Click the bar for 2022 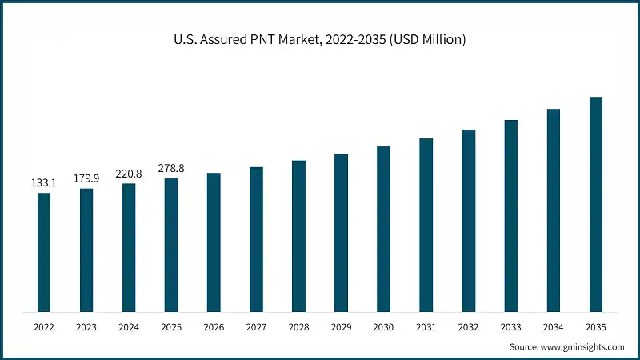[x=44, y=252]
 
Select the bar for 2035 [x=595, y=204]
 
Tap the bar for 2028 [x=298, y=236]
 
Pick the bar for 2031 [x=426, y=225]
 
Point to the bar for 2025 [x=171, y=245]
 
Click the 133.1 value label [x=44, y=183]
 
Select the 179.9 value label [x=86, y=178]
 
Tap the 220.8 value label [x=129, y=174]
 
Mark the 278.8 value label [x=171, y=169]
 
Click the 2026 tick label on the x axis [x=214, y=327]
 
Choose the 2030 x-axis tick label [x=383, y=327]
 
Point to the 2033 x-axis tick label [x=510, y=327]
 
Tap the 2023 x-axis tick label [x=86, y=327]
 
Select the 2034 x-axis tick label [x=553, y=327]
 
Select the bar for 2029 [x=341, y=233]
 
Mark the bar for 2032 [x=468, y=220]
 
